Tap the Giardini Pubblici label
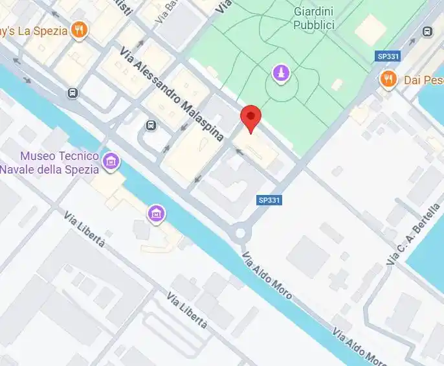click(x=314, y=19)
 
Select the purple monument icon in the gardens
click(x=280, y=73)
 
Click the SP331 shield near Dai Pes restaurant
click(x=388, y=57)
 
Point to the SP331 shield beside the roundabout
click(x=269, y=200)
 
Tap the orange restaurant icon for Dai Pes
click(x=388, y=80)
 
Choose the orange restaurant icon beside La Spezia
click(x=79, y=29)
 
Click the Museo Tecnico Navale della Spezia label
click(x=50, y=163)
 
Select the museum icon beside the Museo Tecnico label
click(x=111, y=161)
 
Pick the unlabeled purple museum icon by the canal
click(x=155, y=212)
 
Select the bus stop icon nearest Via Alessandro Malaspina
click(x=151, y=125)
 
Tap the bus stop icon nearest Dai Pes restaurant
click(x=427, y=31)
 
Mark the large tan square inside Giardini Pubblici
click(x=370, y=29)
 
